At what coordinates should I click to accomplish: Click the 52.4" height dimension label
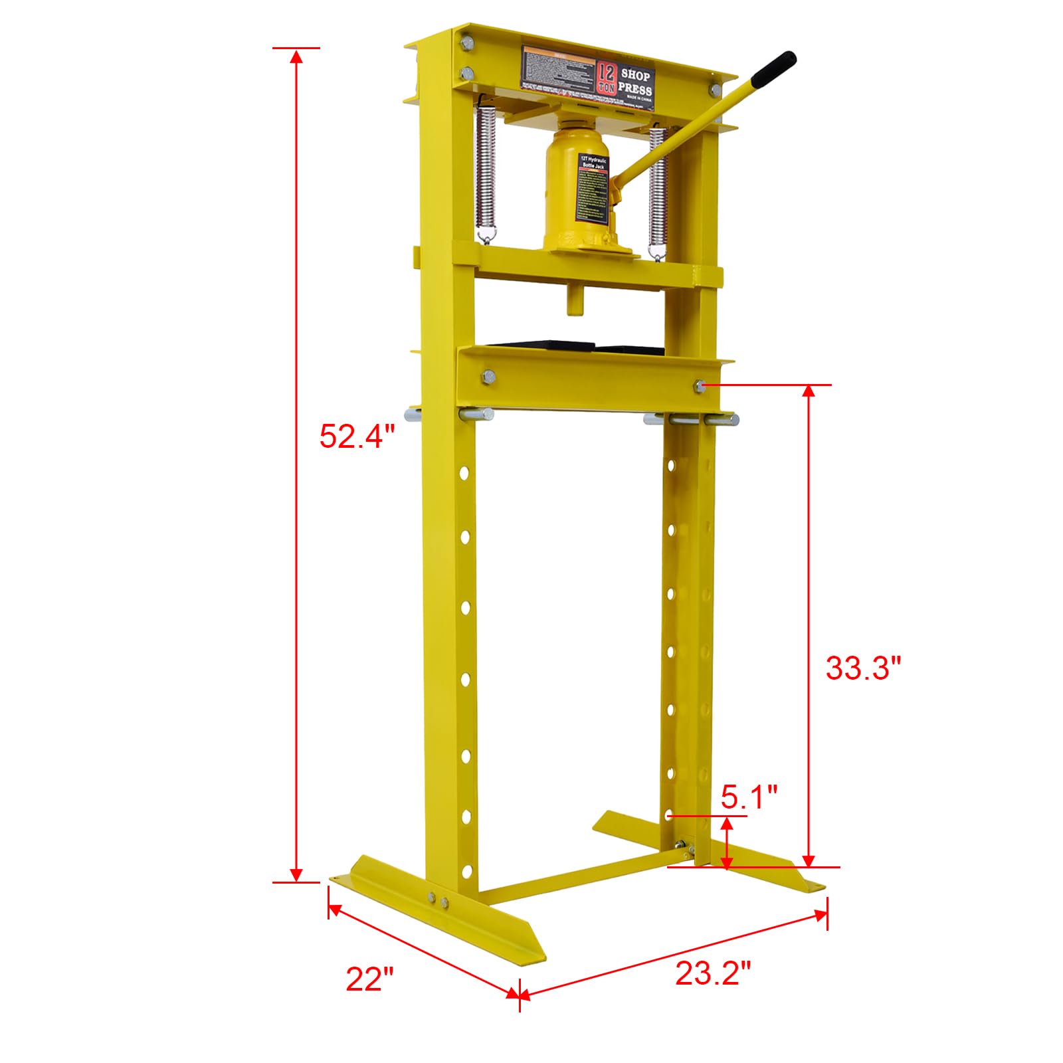pyautogui.click(x=357, y=436)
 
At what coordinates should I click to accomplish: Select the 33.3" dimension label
pyautogui.click(x=862, y=667)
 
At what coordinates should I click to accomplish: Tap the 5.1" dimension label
pyautogui.click(x=749, y=797)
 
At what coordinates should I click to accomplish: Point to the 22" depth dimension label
pyautogui.click(x=369, y=979)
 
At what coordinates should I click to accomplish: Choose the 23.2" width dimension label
pyautogui.click(x=713, y=973)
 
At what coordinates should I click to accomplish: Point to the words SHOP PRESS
pyautogui.click(x=635, y=83)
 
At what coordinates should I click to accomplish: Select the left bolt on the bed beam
pyautogui.click(x=488, y=377)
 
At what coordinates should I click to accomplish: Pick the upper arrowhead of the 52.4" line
pyautogui.click(x=297, y=56)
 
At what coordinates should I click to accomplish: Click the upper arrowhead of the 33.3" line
pyautogui.click(x=808, y=391)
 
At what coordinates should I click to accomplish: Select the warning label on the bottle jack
pyautogui.click(x=592, y=193)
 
